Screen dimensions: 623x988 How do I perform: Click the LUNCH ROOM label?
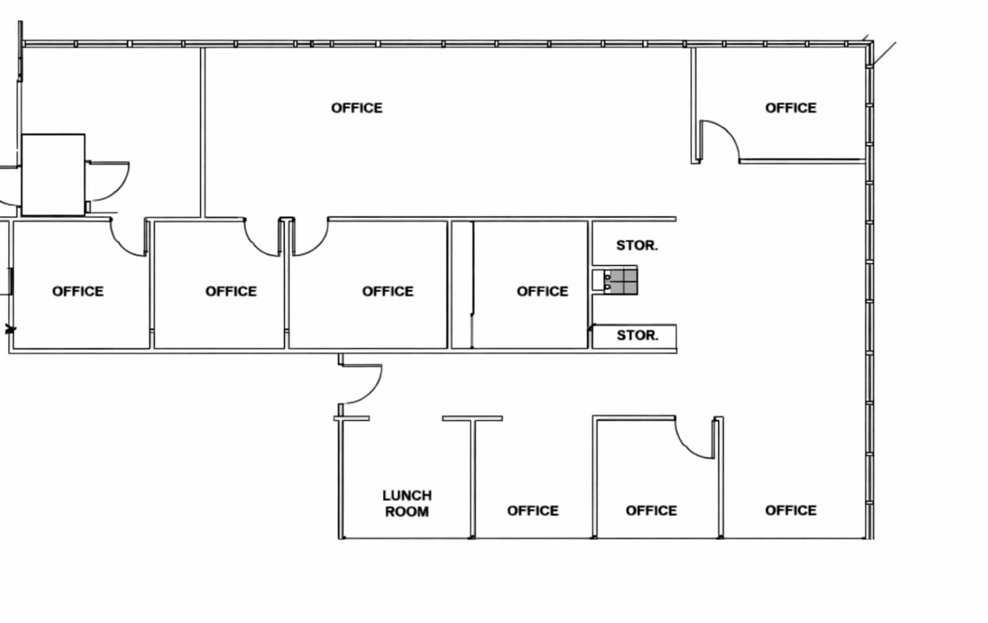pyautogui.click(x=406, y=503)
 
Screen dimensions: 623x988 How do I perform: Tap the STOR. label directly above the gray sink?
pyautogui.click(x=637, y=245)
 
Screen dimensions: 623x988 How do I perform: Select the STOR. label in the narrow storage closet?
pyautogui.click(x=637, y=336)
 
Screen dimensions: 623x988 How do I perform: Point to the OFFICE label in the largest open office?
pyautogui.click(x=357, y=108)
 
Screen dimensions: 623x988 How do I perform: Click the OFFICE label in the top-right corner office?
pyautogui.click(x=790, y=108)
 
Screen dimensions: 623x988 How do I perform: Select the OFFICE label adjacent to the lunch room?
pyautogui.click(x=532, y=511)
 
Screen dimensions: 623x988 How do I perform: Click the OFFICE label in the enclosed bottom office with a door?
pyautogui.click(x=651, y=511)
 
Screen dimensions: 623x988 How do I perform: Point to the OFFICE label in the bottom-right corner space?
pyautogui.click(x=790, y=511)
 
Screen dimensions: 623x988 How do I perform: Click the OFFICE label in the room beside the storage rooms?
pyautogui.click(x=542, y=291)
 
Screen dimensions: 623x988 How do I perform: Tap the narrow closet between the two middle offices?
pyautogui.click(x=462, y=285)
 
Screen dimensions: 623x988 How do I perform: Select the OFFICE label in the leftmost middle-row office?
pyautogui.click(x=78, y=291)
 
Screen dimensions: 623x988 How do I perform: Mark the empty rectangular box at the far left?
pyautogui.click(x=53, y=175)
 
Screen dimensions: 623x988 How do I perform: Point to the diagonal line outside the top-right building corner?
pyautogui.click(x=885, y=53)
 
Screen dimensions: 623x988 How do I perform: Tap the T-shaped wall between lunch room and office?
pyautogui.click(x=472, y=447)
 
